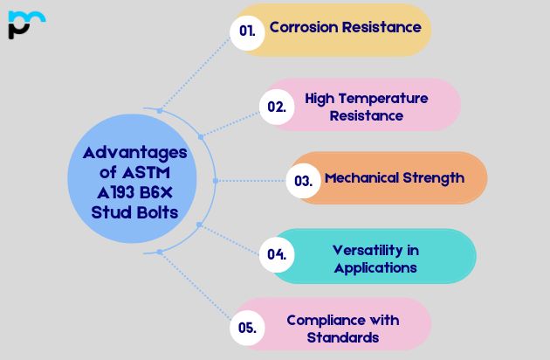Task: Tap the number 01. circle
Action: pos(247,31)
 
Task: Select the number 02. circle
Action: pos(277,107)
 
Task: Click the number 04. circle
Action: pos(277,255)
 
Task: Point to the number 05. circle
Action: pos(247,328)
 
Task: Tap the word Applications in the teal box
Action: pos(375,267)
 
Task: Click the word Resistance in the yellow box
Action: pos(385,27)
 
